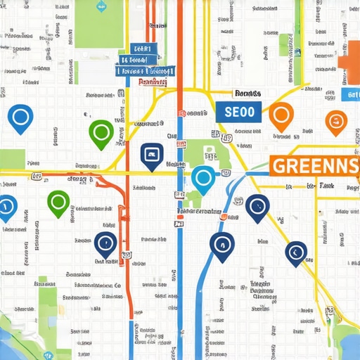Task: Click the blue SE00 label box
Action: (238, 110)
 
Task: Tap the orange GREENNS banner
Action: (314, 167)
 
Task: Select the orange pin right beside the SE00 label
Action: (281, 114)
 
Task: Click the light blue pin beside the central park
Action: (202, 179)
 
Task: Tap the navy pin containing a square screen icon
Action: (150, 155)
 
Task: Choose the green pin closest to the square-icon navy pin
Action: (101, 132)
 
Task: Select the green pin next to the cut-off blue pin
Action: (58, 202)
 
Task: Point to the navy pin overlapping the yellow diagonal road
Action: (257, 207)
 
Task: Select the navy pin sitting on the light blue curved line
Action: (221, 245)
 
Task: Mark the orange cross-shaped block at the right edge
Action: (350, 59)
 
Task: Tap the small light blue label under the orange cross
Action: (350, 94)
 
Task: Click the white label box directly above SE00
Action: (247, 93)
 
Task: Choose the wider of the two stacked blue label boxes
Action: (146, 70)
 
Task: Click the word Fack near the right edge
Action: (326, 186)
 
